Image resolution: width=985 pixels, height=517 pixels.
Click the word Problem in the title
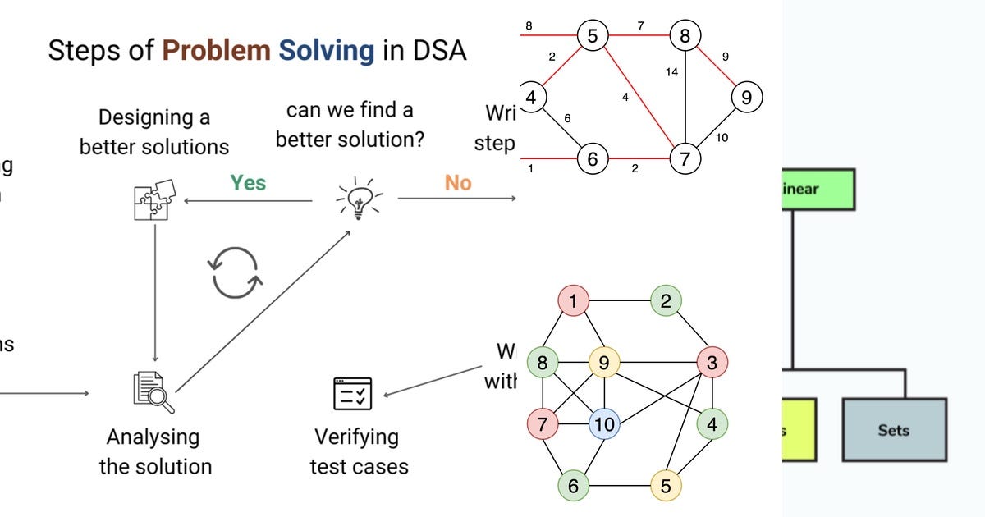point(216,51)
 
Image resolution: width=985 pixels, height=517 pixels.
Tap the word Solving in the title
point(326,51)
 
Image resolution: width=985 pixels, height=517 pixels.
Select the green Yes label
point(247,182)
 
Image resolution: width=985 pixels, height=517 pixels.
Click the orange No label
point(458,182)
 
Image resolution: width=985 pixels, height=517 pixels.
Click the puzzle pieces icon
point(154,199)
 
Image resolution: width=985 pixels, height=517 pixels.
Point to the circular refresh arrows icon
point(236,272)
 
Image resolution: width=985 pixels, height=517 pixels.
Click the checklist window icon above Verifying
point(353,394)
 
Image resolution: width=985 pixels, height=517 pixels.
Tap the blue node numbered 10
point(604,424)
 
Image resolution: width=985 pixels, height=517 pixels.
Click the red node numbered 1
point(573,301)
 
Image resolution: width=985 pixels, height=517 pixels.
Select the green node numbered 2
point(666,301)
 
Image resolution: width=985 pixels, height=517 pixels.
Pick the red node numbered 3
point(712,362)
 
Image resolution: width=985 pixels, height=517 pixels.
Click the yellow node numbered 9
point(604,362)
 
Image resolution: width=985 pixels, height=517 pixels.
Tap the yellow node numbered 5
point(666,486)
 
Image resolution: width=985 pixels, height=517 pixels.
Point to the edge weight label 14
point(671,72)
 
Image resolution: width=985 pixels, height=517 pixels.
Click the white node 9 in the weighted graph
point(745,98)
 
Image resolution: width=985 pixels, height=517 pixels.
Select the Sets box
point(894,430)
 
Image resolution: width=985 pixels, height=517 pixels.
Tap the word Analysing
point(153,437)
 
